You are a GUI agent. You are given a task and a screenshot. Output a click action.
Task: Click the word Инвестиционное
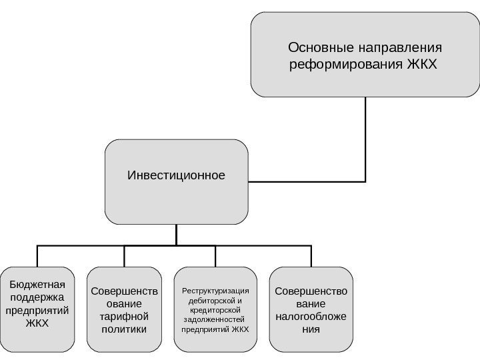[176, 176]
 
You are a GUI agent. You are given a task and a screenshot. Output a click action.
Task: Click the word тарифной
[125, 317]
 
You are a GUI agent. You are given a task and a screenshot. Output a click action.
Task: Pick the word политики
[125, 329]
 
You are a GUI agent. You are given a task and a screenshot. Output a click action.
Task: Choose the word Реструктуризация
[215, 291]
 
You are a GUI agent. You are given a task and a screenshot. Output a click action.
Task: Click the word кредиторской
[215, 310]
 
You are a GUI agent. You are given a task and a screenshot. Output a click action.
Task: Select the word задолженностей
[215, 319]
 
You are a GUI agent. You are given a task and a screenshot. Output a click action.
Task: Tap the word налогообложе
[311, 317]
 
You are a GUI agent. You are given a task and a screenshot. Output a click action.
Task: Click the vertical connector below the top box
[366, 140]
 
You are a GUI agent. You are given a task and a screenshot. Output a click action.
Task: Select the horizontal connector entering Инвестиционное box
[307, 181]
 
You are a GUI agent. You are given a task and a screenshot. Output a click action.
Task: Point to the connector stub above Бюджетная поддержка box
[37, 257]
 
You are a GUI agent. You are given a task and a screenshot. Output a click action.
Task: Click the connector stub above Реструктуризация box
[215, 257]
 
